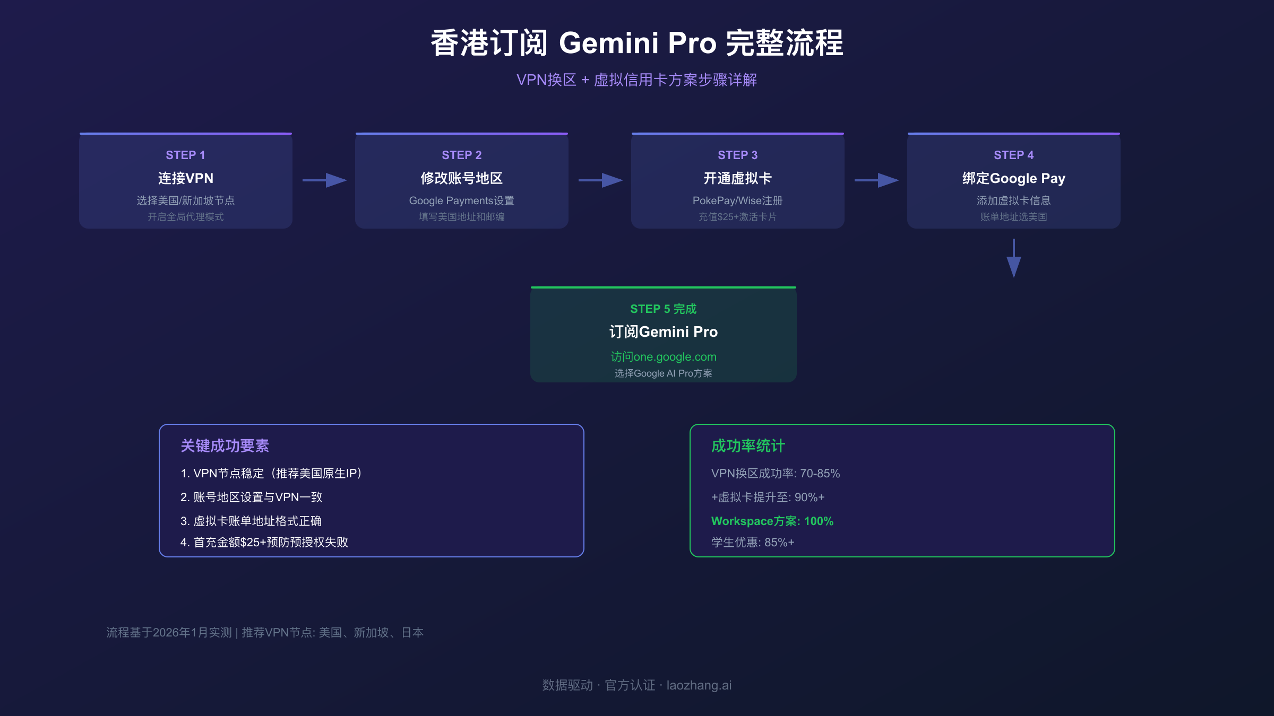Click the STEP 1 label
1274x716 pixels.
click(185, 155)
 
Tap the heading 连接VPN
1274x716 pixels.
click(185, 178)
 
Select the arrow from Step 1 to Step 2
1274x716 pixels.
click(324, 180)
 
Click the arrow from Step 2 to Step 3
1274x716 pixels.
click(600, 180)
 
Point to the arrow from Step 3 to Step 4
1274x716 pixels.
click(876, 180)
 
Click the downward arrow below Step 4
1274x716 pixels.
click(1014, 258)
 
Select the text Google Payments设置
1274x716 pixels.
click(461, 200)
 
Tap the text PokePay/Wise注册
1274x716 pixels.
click(737, 200)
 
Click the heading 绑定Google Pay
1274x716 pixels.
click(1013, 178)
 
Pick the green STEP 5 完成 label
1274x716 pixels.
click(663, 309)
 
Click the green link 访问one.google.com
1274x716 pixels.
click(663, 357)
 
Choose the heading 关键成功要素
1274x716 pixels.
click(225, 446)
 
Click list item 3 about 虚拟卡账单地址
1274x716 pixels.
click(251, 521)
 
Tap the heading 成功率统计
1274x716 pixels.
click(748, 446)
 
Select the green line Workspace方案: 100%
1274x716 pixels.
click(772, 521)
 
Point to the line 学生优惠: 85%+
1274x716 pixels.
click(753, 542)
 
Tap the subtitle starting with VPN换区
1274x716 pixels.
click(636, 80)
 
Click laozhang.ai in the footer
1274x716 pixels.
click(699, 685)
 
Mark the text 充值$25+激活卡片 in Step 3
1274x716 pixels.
click(737, 217)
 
